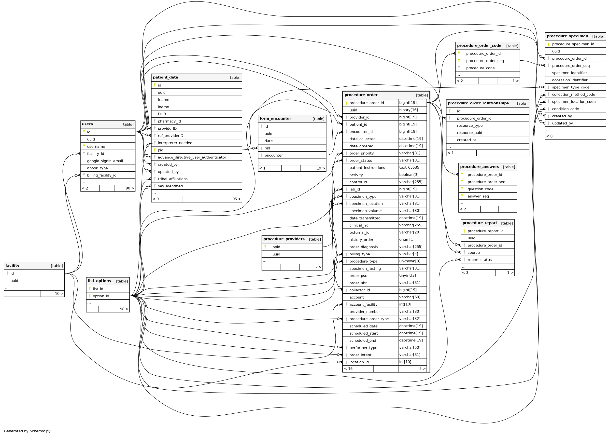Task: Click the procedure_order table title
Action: (361, 95)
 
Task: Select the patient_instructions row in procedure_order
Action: (367, 167)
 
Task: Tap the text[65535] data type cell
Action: (410, 167)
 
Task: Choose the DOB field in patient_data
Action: (162, 114)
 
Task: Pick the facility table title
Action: (12, 266)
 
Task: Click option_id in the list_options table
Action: (101, 296)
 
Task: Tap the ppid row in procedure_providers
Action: (276, 247)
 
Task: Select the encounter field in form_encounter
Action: (273, 155)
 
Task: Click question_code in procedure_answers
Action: (480, 189)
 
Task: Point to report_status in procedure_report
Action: (480, 260)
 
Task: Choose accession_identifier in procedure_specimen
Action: (569, 80)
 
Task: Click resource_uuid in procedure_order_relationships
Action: (469, 133)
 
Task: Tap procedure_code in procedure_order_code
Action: (480, 68)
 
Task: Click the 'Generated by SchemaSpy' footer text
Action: (27, 431)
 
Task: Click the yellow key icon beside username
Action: (84, 146)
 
